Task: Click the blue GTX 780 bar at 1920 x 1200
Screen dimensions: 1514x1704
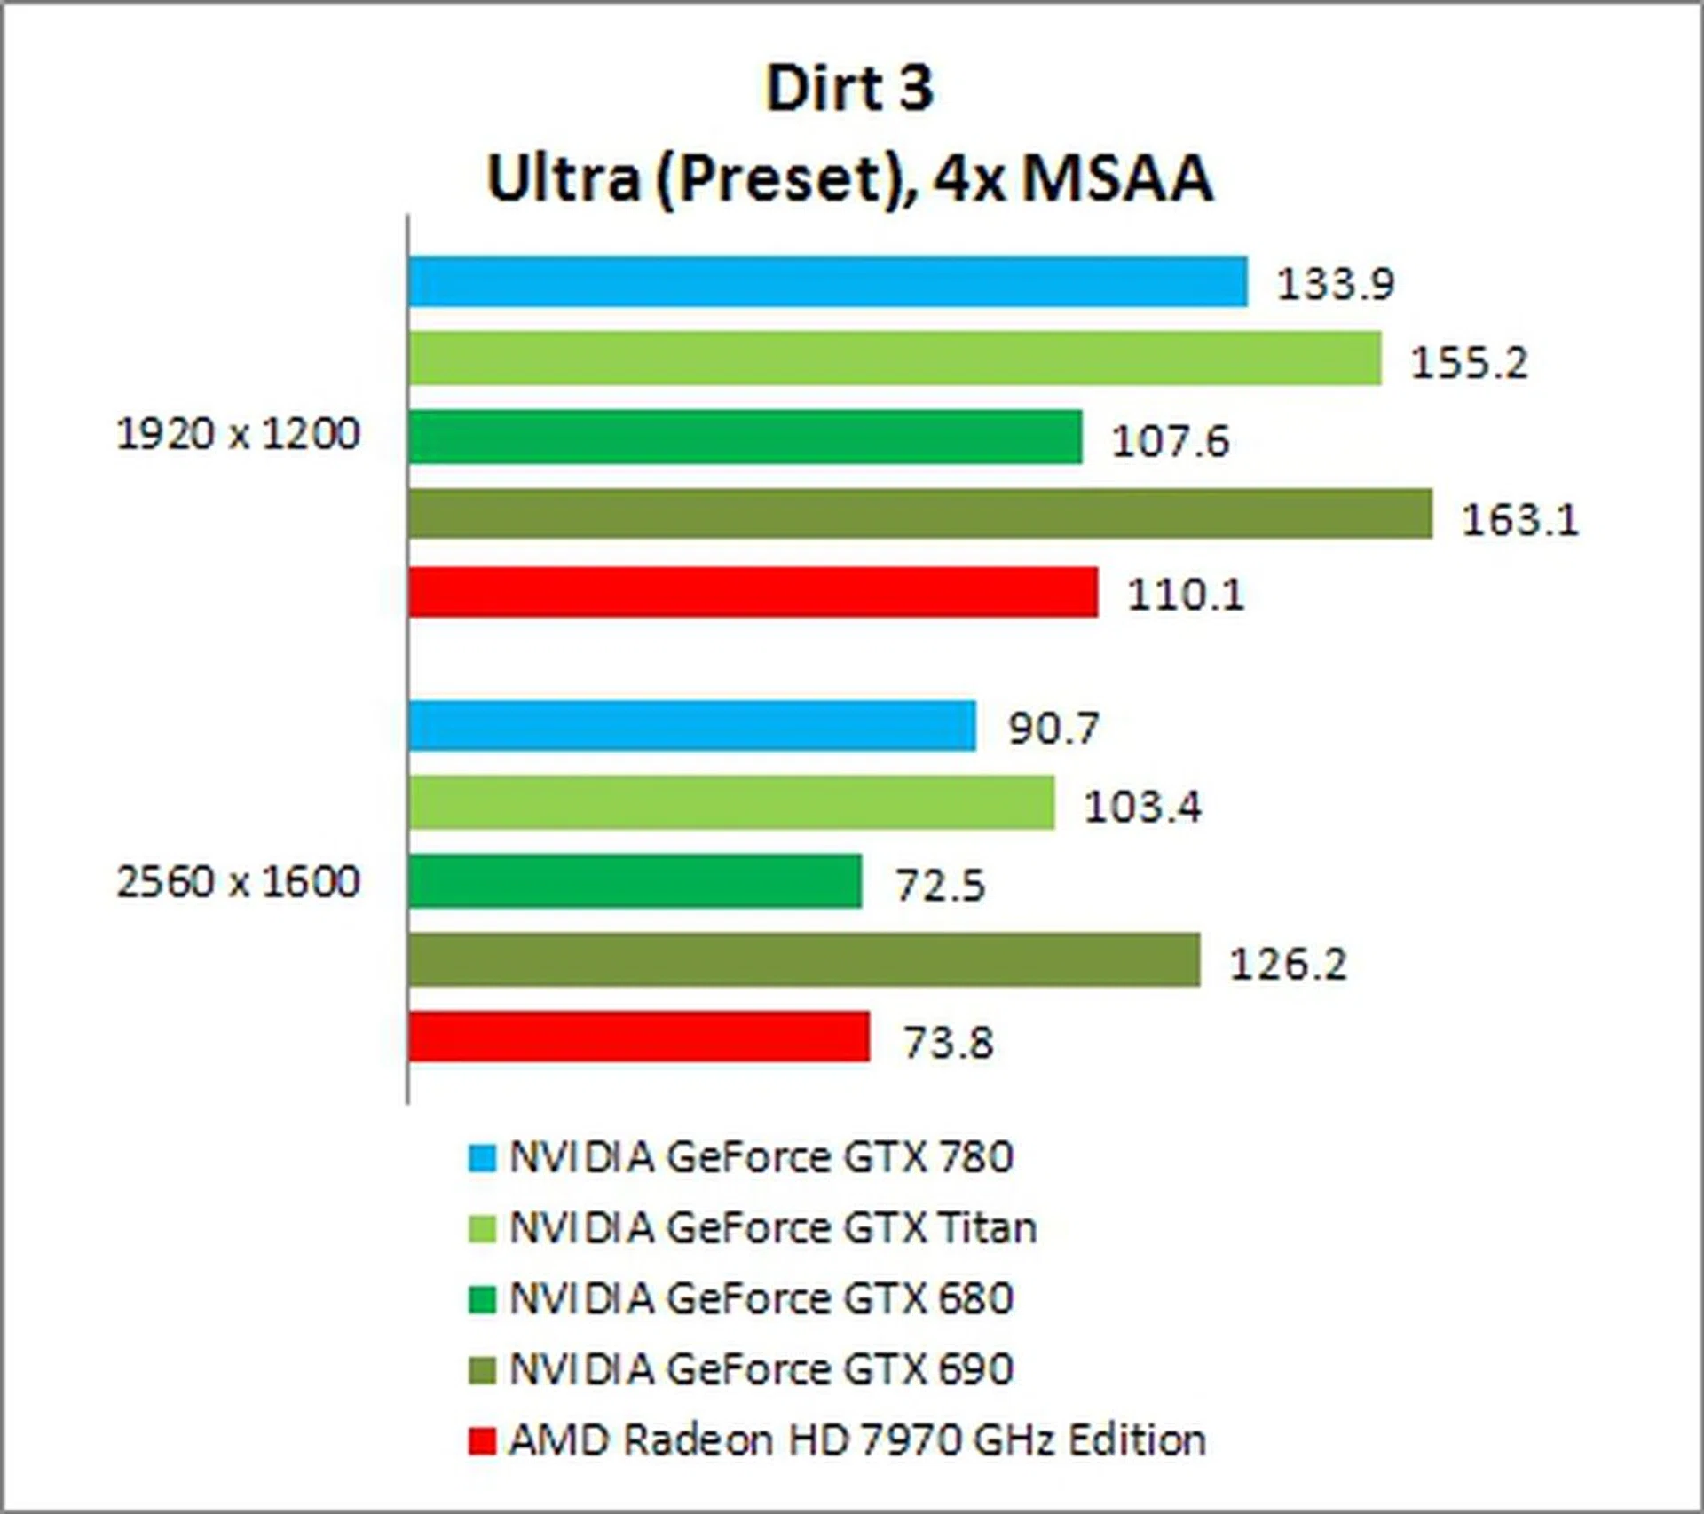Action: pyautogui.click(x=827, y=281)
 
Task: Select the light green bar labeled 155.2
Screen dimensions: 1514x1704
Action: pyautogui.click(x=895, y=359)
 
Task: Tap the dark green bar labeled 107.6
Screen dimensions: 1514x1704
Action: pyautogui.click(x=745, y=437)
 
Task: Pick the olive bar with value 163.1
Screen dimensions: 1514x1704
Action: pyautogui.click(x=920, y=514)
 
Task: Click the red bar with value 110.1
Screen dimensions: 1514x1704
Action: pyautogui.click(x=753, y=592)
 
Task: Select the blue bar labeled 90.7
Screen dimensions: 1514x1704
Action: pyautogui.click(x=692, y=725)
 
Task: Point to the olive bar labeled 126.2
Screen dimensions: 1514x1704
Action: pyautogui.click(x=804, y=959)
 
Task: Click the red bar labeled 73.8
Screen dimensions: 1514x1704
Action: pyautogui.click(x=639, y=1037)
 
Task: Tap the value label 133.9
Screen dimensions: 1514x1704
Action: pyautogui.click(x=1336, y=284)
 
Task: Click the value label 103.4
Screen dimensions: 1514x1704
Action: pyautogui.click(x=1143, y=807)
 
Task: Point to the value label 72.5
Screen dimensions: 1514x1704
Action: pyautogui.click(x=941, y=886)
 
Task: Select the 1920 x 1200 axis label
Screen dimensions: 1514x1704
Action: pyautogui.click(x=238, y=435)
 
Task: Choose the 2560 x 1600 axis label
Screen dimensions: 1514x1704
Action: pyautogui.click(x=238, y=882)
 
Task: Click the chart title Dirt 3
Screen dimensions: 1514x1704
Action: pyautogui.click(x=849, y=89)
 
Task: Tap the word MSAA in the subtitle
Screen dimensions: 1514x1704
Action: pyautogui.click(x=1116, y=179)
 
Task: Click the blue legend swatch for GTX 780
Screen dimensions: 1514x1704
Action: pyautogui.click(x=482, y=1158)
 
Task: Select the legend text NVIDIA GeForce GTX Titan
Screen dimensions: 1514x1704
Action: pyautogui.click(x=772, y=1228)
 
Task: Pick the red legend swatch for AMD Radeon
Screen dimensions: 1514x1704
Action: pyautogui.click(x=482, y=1441)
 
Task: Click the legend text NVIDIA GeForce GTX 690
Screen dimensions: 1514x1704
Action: pyautogui.click(x=761, y=1369)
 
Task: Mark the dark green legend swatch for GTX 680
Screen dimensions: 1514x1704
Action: pyautogui.click(x=482, y=1300)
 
